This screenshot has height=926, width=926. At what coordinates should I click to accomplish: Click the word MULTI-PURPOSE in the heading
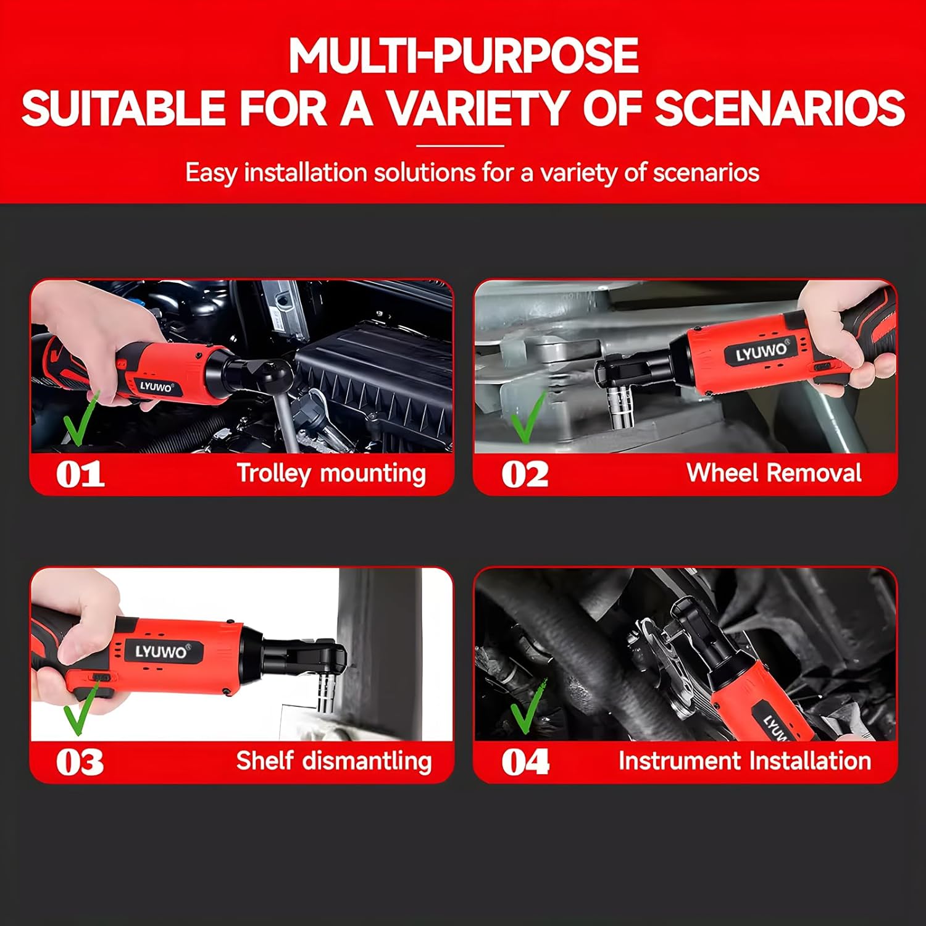coord(463,56)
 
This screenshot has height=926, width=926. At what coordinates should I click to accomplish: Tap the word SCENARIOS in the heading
coord(779,108)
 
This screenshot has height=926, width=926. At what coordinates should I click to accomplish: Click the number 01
coord(80,475)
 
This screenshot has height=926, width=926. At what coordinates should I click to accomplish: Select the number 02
coord(524,475)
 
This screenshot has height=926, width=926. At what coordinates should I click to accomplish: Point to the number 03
coord(80,762)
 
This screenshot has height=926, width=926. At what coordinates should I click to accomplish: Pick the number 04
coord(525,762)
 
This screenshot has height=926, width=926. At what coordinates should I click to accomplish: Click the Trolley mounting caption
coord(332,473)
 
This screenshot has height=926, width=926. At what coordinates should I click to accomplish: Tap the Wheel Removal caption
coord(774,473)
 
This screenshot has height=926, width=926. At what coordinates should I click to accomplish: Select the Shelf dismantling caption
coord(333,761)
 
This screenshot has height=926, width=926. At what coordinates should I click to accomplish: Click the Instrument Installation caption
coord(745,761)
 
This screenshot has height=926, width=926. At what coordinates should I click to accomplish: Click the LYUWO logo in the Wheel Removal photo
coord(762,352)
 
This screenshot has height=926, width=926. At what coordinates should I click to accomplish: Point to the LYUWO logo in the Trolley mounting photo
coord(156,387)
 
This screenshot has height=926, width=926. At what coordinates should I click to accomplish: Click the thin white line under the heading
coord(460,146)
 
